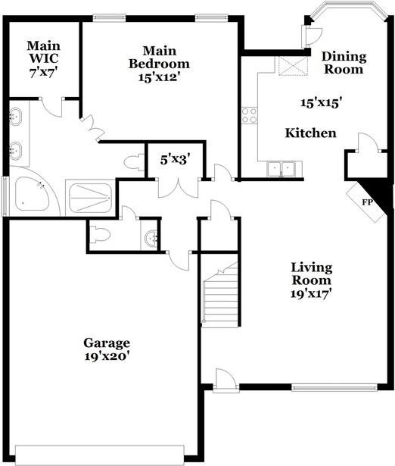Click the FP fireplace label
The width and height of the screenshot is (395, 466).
pos(368,202)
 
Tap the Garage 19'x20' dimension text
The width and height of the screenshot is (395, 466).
pos(107,356)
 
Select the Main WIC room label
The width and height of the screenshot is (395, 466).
pos(43,52)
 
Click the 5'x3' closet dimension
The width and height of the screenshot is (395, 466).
pos(175,160)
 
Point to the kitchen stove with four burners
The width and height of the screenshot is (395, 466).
pos(249,116)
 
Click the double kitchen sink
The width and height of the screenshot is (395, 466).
pos(281,169)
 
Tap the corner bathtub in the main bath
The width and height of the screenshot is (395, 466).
pos(32,196)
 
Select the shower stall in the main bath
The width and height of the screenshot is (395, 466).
pos(90,198)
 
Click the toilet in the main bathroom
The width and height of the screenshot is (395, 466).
pos(134,162)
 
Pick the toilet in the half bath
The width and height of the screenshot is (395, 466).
pos(100,234)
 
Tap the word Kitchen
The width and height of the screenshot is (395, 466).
pos(311,133)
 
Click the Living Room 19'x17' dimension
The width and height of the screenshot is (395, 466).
pos(311,294)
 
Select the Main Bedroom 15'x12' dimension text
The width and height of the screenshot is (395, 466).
pos(160,77)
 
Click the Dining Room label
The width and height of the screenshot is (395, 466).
pos(344,63)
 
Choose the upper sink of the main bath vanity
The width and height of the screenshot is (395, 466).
pos(15,116)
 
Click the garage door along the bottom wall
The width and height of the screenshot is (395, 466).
pos(99,454)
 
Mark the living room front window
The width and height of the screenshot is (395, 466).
pos(334,387)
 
